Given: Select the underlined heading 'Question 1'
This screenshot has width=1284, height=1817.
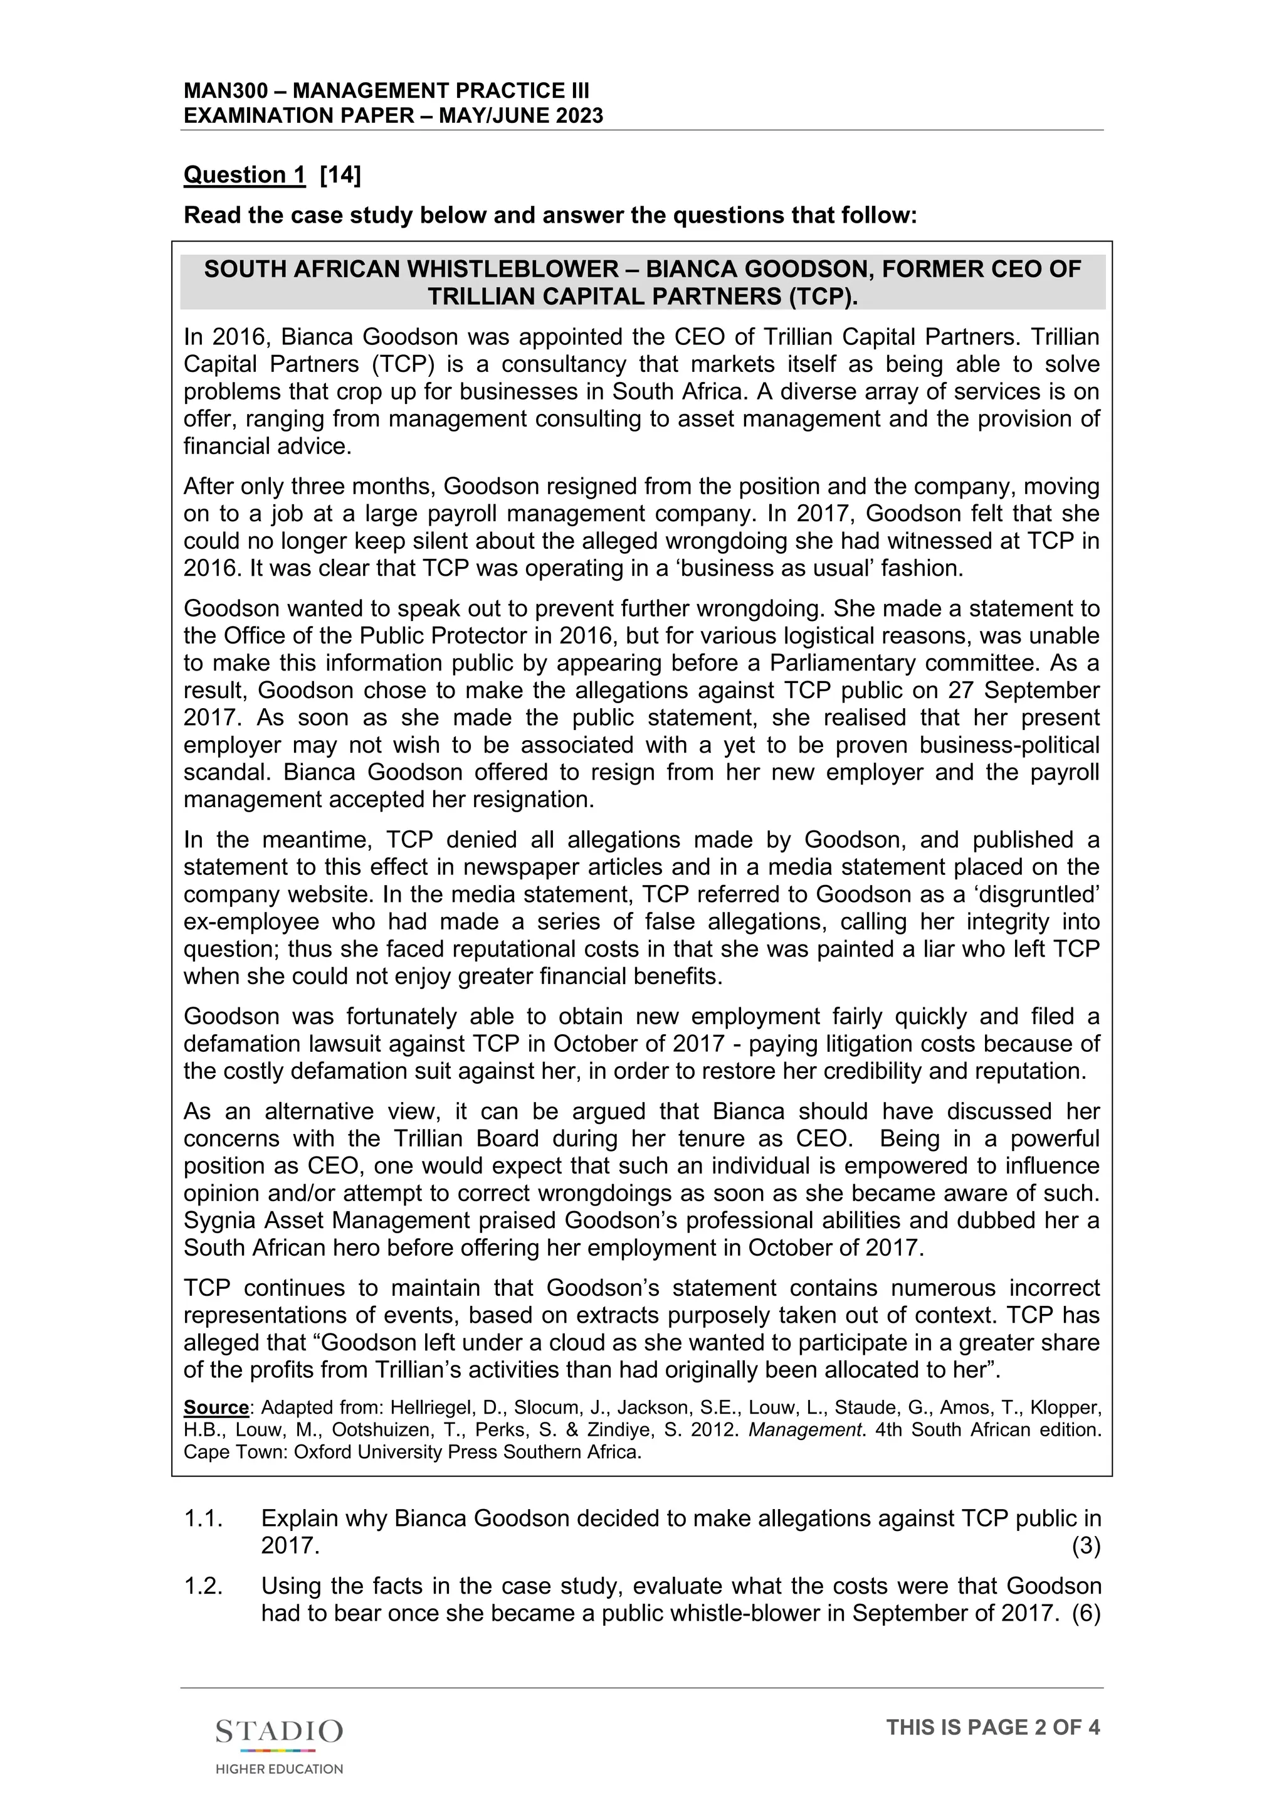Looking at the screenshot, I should click(x=244, y=175).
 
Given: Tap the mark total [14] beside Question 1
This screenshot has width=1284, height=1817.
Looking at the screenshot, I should click(x=340, y=175).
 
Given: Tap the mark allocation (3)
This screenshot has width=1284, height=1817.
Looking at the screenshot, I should click(x=1085, y=1545).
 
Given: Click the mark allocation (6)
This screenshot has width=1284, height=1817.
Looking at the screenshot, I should click(x=1085, y=1613).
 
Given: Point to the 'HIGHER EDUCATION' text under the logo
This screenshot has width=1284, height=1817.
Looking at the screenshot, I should click(x=279, y=1769).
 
